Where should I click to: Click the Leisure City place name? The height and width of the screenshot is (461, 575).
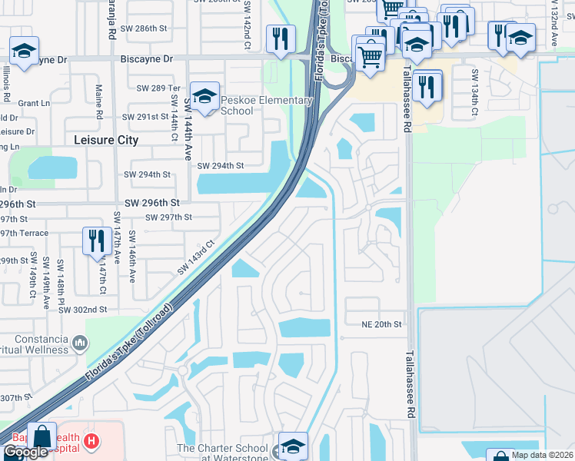(106, 140)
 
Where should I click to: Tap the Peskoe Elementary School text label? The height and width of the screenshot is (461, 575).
(267, 105)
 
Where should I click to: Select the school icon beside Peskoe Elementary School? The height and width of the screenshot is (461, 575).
(205, 96)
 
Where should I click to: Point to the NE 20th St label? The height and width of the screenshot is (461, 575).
(382, 325)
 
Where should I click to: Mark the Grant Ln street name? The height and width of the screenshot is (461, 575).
(34, 103)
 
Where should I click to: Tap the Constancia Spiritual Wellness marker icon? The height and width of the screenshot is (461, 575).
(80, 340)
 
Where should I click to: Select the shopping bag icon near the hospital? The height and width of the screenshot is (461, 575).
(42, 436)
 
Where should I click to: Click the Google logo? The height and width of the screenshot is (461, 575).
(25, 452)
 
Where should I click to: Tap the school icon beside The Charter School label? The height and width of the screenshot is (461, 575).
(292, 446)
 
